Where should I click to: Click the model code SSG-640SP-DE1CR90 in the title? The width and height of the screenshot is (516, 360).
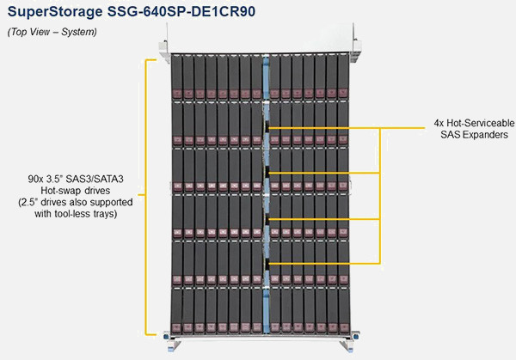tap(181, 11)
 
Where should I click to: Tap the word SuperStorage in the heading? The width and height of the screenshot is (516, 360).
tap(55, 12)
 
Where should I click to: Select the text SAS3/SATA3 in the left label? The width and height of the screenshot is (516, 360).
tap(95, 180)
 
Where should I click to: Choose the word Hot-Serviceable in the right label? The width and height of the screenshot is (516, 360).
tap(481, 123)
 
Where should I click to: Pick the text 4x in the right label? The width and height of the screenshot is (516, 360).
tap(439, 123)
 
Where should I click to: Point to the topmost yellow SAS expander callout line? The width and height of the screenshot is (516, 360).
tap(347, 128)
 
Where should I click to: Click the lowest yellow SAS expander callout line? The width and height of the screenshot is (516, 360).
tap(324, 264)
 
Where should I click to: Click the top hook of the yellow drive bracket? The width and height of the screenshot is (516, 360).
tap(150, 60)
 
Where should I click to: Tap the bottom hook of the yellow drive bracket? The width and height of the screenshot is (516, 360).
tap(150, 335)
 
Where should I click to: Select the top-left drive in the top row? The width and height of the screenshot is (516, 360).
tap(176, 77)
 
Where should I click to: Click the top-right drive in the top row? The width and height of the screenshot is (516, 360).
tap(343, 76)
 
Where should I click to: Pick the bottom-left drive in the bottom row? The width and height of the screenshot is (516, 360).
tap(176, 311)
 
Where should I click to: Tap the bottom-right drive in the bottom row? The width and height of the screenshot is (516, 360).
tap(344, 311)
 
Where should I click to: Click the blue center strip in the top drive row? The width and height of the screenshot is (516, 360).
tap(266, 77)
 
